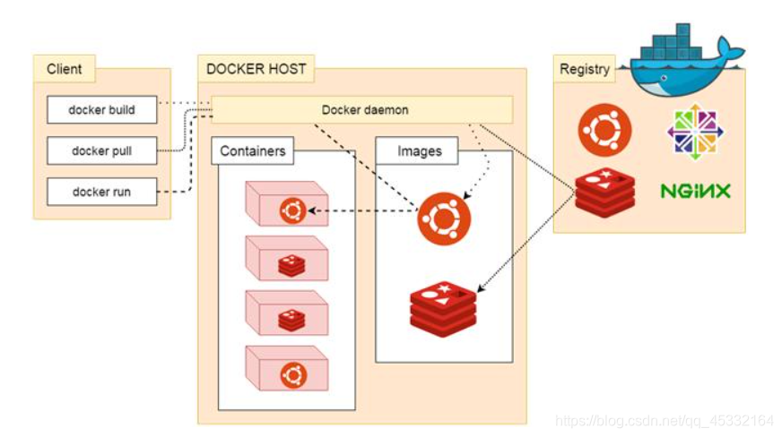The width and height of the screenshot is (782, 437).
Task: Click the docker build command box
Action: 102,110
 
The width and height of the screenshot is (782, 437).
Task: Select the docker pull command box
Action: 102,151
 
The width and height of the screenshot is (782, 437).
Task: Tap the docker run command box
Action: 102,192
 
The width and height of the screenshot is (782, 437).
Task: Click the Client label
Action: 65,69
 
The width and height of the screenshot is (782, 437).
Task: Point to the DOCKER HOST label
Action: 256,69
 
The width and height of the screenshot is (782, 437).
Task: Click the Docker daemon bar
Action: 364,110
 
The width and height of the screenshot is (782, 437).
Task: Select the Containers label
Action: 253,151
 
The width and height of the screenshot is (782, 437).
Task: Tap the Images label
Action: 419,151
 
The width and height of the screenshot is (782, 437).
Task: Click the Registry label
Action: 584,69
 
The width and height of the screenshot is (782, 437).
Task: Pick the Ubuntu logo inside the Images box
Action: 443,218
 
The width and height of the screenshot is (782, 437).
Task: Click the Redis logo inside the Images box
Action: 443,307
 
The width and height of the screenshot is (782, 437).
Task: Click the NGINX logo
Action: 695,191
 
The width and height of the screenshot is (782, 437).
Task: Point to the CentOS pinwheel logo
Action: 695,132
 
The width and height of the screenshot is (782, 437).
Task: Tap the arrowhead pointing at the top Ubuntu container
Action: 310,212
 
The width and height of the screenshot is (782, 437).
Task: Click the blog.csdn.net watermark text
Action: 664,421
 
